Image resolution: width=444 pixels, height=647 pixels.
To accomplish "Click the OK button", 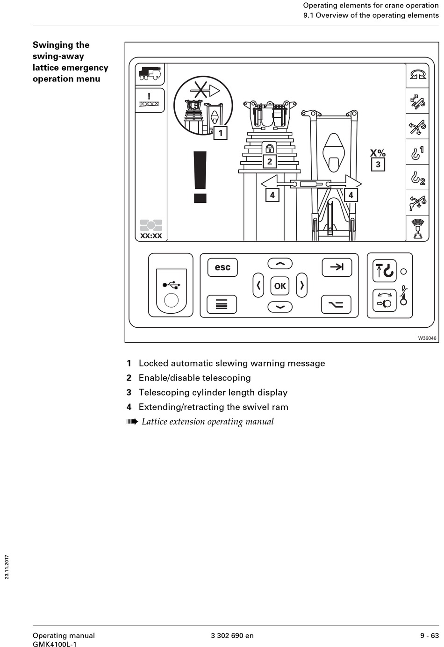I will point(280,286).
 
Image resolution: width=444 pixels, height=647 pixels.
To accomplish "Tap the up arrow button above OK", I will point(280,264).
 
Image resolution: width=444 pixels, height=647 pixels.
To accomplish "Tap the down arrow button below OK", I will point(280,307).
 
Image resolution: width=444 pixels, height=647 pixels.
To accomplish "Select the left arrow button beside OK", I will point(258,285).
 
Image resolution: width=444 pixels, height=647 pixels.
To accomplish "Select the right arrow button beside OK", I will point(302,285).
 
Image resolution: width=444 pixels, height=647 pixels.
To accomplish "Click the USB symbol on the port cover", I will point(171,284).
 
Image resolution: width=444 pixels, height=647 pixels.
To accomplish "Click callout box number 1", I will point(221,133).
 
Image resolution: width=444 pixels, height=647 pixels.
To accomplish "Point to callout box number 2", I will point(270,161).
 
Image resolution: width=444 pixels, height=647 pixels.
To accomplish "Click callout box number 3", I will point(378,165).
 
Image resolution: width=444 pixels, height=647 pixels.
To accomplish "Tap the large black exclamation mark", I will point(201,178).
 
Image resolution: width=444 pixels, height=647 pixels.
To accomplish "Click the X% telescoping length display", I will point(378,153).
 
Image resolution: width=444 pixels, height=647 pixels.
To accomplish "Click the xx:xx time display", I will point(151,236).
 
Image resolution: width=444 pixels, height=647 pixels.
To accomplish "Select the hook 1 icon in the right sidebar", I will point(417,152).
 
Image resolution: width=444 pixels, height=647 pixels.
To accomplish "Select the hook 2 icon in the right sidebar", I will point(417,178).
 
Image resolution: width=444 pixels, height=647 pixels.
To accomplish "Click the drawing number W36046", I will point(427,338).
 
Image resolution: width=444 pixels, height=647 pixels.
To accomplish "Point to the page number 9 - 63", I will point(429,635).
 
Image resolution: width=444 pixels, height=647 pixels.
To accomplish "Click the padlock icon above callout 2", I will point(270,148).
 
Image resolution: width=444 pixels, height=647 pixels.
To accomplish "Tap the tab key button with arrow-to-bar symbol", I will point(337,267).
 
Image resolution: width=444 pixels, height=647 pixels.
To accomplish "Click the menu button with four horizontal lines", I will point(222,305).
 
